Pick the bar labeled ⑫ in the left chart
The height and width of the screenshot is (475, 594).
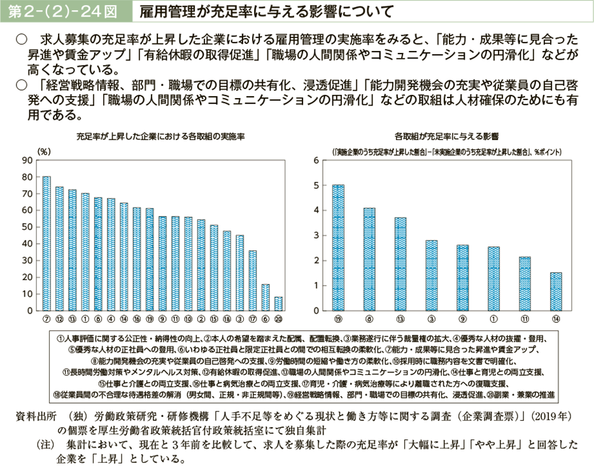[x=59, y=248]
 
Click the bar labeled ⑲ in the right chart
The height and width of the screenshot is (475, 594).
[x=339, y=248]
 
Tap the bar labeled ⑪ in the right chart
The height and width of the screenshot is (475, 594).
[x=525, y=283]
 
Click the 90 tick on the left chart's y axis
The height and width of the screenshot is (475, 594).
[x=27, y=160]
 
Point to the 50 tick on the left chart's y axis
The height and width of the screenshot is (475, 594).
[x=27, y=227]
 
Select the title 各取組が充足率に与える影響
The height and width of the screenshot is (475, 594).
[x=446, y=136]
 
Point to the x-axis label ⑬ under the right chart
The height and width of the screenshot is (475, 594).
[x=400, y=318]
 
